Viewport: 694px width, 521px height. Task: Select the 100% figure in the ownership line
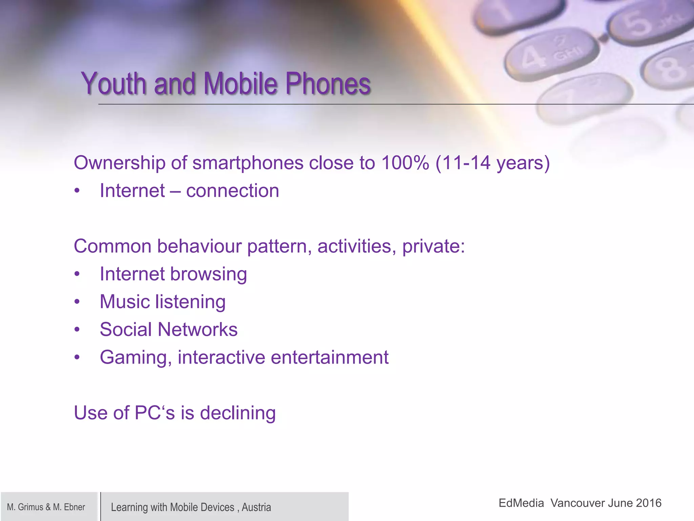pyautogui.click(x=405, y=163)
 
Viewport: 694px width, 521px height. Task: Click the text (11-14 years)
pyautogui.click(x=492, y=163)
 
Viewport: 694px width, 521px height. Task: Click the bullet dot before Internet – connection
pyautogui.click(x=77, y=191)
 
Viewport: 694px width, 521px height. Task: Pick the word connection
pyautogui.click(x=232, y=191)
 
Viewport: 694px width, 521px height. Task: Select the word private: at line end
pyautogui.click(x=433, y=246)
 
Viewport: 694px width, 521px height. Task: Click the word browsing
pyautogui.click(x=208, y=274)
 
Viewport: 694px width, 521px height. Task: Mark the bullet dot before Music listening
pyautogui.click(x=77, y=302)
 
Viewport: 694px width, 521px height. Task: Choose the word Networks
pyautogui.click(x=198, y=329)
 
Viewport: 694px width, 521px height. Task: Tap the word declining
pyautogui.click(x=238, y=413)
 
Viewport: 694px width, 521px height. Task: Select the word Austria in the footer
pyautogui.click(x=256, y=507)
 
